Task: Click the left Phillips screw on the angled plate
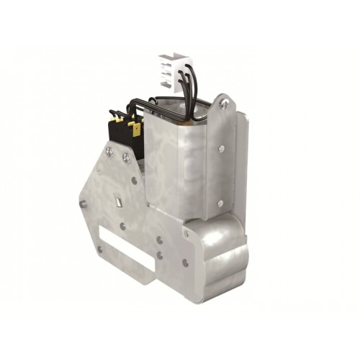click(x=109, y=151)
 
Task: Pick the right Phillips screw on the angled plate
click(x=126, y=157)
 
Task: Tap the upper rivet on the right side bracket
click(x=221, y=149)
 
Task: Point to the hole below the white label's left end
click(x=99, y=250)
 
